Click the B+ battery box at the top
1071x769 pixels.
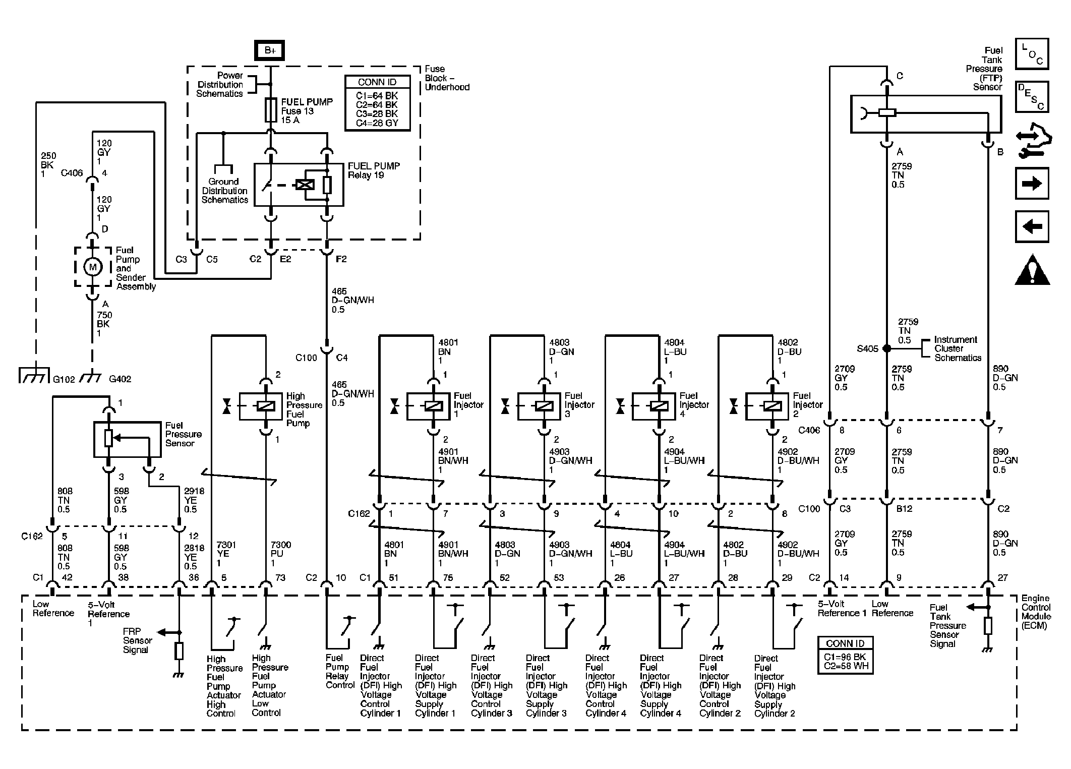pos(270,50)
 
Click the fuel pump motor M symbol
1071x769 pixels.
pos(92,267)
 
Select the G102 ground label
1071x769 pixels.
pos(64,379)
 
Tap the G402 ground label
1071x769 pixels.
pos(120,379)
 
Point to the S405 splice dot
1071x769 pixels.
pos(886,348)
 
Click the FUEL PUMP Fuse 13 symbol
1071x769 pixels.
pos(270,110)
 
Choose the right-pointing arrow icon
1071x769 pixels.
pos(1032,183)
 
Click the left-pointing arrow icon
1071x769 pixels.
pos(1032,226)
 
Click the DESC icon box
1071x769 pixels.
pos(1032,97)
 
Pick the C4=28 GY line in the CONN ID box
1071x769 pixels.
pos(377,123)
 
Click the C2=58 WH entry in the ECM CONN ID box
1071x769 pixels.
pos(846,666)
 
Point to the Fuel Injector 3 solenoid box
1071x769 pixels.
pos(539,406)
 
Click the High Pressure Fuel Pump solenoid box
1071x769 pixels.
pos(260,406)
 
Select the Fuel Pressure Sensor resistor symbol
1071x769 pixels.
pos(108,439)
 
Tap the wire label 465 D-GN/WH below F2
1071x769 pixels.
pos(353,300)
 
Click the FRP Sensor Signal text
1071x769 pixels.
pos(137,640)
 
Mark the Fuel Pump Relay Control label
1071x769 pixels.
pos(340,671)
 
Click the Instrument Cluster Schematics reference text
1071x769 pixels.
pos(958,349)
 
